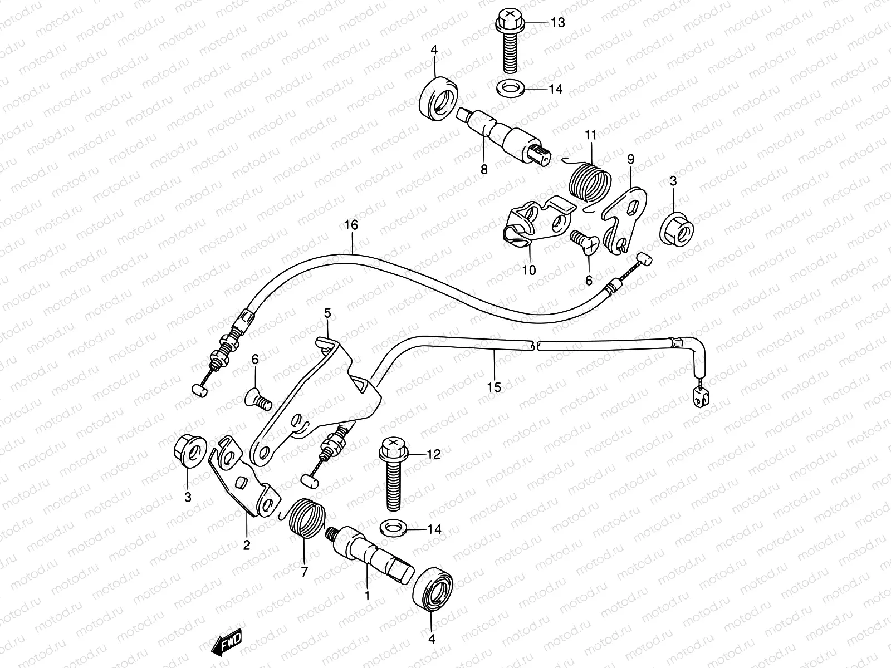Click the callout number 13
coord(557,22)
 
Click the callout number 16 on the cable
coord(351,225)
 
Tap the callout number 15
coord(494,387)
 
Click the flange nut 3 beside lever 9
coord(678,229)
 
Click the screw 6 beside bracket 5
coord(257,398)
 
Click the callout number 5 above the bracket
coord(327,314)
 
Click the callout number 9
coord(630,160)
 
